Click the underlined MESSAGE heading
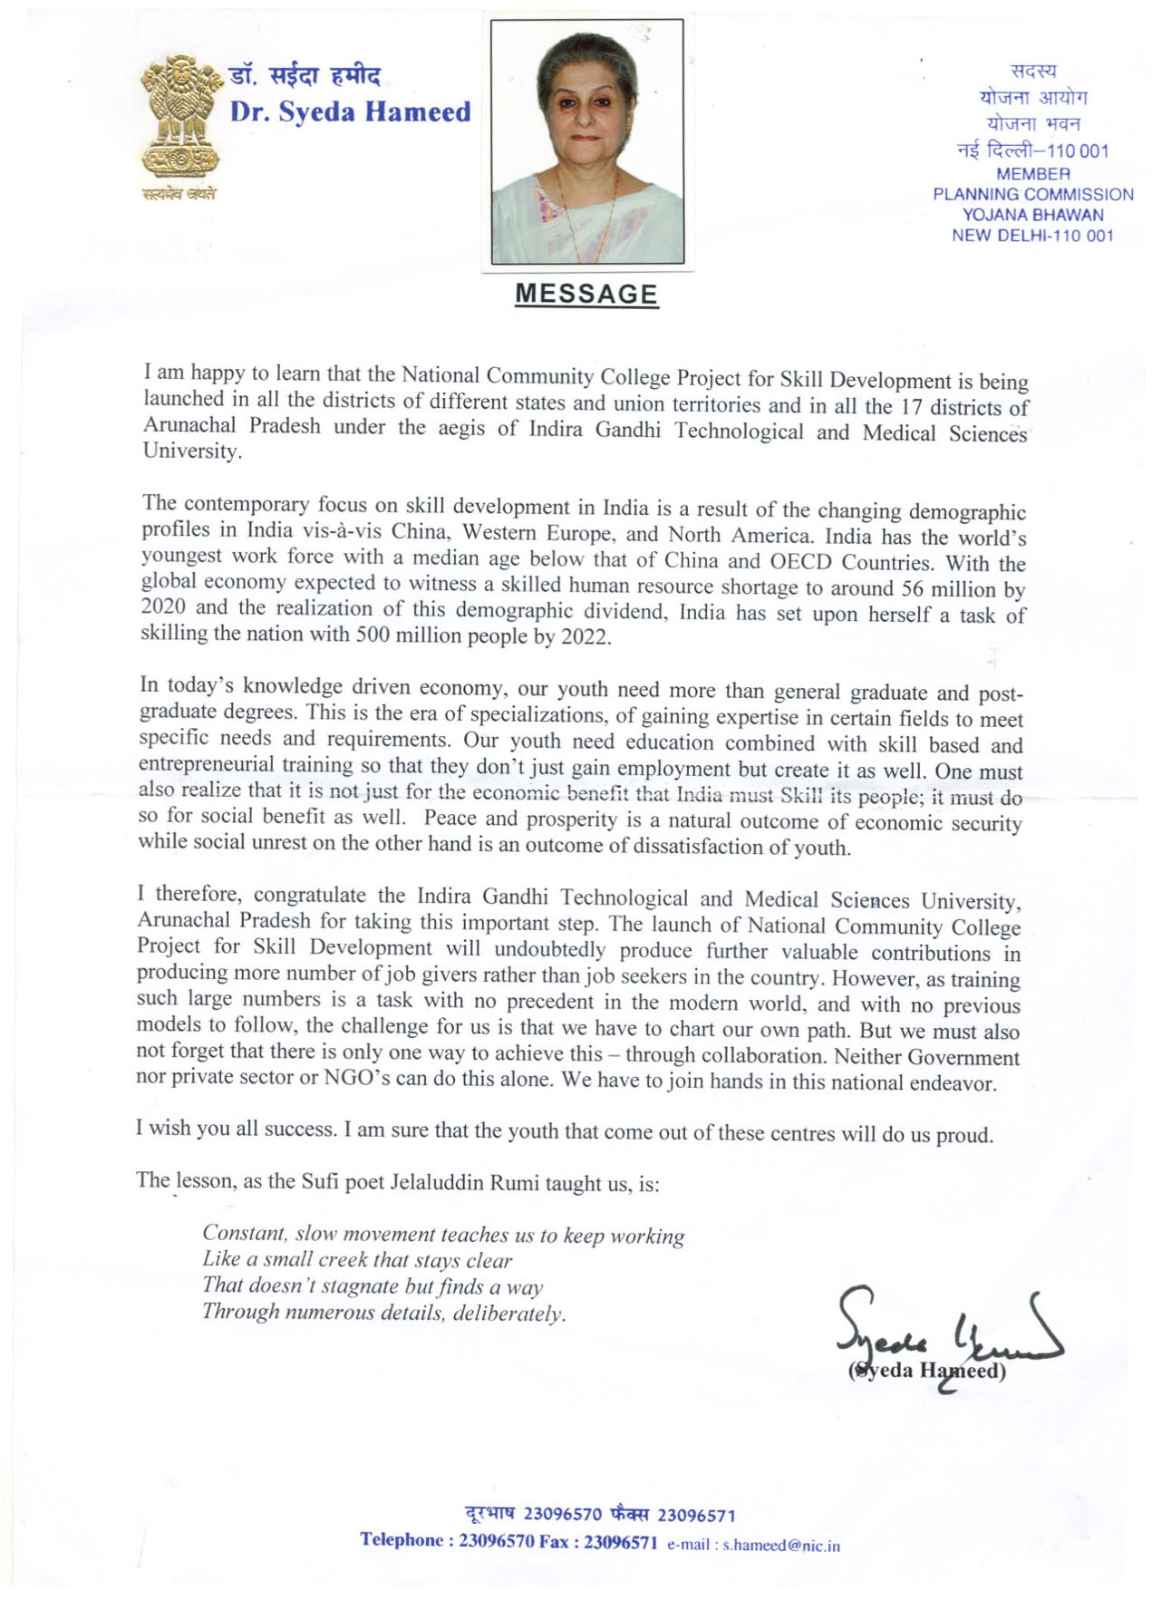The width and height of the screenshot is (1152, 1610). (x=586, y=295)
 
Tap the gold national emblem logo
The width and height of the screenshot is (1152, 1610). (x=180, y=118)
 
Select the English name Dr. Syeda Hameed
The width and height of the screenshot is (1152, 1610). (x=350, y=112)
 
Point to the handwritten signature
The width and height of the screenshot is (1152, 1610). (x=943, y=1333)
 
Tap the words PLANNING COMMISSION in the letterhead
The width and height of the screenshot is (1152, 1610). (x=1032, y=194)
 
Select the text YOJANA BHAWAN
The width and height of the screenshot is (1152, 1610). (x=1032, y=215)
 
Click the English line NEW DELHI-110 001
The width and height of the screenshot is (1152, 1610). (x=1032, y=236)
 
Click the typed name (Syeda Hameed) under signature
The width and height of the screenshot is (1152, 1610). (x=927, y=1370)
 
